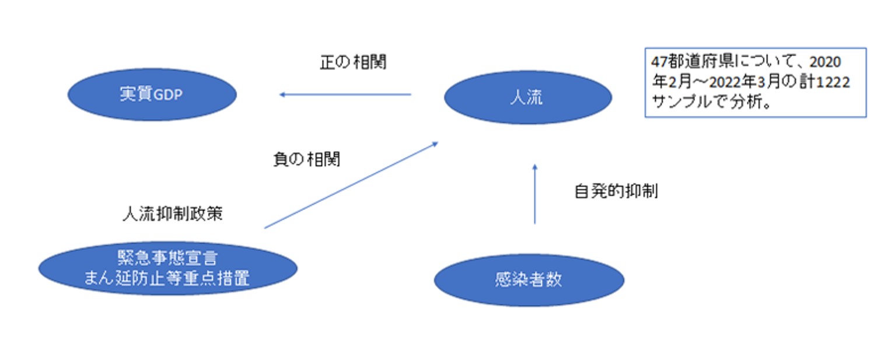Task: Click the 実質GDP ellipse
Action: pyautogui.click(x=152, y=95)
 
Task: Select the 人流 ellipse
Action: pyautogui.click(x=527, y=97)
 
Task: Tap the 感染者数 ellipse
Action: pyautogui.click(x=529, y=280)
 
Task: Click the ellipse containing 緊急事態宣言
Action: pyautogui.click(x=167, y=268)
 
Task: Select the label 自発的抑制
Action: pyautogui.click(x=616, y=191)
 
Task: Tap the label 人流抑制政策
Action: pyautogui.click(x=172, y=214)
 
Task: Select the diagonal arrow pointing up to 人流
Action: pyautogui.click(x=351, y=184)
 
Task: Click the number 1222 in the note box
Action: pyautogui.click(x=833, y=82)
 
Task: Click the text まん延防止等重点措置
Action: pyautogui.click(x=167, y=278)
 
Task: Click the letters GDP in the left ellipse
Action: pyautogui.click(x=168, y=95)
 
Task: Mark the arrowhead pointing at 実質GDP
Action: pyautogui.click(x=282, y=95)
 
